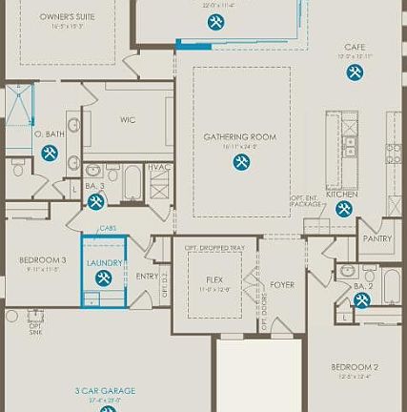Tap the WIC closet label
(128, 120)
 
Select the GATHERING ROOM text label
(239, 137)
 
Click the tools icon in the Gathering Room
(241, 162)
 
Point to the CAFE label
(356, 47)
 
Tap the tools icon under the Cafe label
(355, 72)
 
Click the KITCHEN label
(341, 194)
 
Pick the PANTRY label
(377, 240)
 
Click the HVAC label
(161, 167)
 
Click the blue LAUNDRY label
(104, 262)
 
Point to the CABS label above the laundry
(108, 229)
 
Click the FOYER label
(282, 284)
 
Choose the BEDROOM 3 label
(43, 259)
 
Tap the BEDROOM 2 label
(355, 367)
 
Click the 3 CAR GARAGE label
(105, 390)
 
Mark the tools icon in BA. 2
(362, 300)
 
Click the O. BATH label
(51, 134)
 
